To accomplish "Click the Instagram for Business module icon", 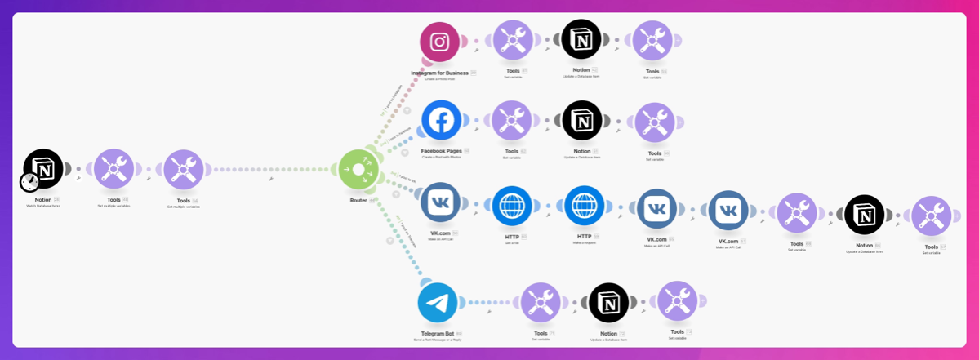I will pyautogui.click(x=440, y=42).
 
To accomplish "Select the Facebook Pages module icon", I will pyautogui.click(x=442, y=121).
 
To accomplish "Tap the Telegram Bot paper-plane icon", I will pyautogui.click(x=438, y=304).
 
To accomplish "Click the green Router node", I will pyautogui.click(x=358, y=170).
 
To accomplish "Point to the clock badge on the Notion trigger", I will pyautogui.click(x=30, y=181).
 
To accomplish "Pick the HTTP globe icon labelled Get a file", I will pyautogui.click(x=512, y=207).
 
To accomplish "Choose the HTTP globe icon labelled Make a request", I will pyautogui.click(x=584, y=207).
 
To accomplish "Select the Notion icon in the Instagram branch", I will pyautogui.click(x=581, y=39).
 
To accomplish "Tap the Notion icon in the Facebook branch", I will pyautogui.click(x=582, y=121).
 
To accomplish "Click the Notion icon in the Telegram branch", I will pyautogui.click(x=608, y=303).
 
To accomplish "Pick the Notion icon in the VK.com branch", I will pyautogui.click(x=865, y=216).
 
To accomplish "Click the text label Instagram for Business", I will pyautogui.click(x=439, y=73).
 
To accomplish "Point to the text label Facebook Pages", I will pyautogui.click(x=442, y=151).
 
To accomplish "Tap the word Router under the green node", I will pyautogui.click(x=358, y=200).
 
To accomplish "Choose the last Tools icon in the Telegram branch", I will pyautogui.click(x=678, y=301).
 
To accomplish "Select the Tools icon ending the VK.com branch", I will pyautogui.click(x=932, y=216).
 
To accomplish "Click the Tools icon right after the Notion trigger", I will pyautogui.click(x=113, y=170).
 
